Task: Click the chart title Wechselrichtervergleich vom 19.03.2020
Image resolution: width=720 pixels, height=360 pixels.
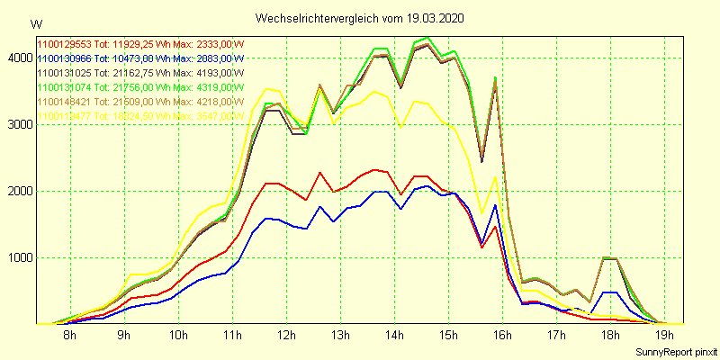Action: [x=360, y=18]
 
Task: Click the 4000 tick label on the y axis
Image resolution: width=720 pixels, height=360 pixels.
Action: [x=17, y=58]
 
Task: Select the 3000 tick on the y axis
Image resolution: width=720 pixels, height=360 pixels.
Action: [x=17, y=125]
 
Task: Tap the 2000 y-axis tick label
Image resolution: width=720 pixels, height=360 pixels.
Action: [x=17, y=192]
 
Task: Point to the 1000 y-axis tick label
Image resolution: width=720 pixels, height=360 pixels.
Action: [x=17, y=258]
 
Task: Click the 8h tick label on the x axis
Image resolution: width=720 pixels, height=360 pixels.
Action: [x=69, y=336]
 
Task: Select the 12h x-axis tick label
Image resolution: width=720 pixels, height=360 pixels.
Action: [x=286, y=336]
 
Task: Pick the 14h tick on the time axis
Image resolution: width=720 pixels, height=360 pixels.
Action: [x=394, y=336]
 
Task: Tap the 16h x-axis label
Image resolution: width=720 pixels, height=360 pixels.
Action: [x=502, y=336]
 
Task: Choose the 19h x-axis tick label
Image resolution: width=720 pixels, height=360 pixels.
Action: [x=664, y=336]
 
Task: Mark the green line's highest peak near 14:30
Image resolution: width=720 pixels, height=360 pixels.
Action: [x=427, y=38]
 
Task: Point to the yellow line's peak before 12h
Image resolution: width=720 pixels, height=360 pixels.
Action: [x=265, y=88]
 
